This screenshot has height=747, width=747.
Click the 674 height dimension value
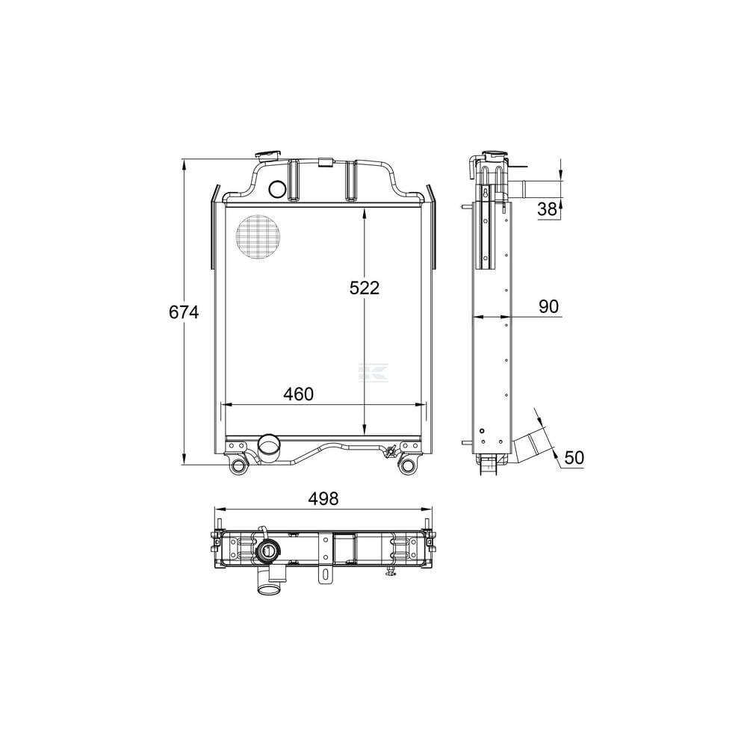tap(184, 312)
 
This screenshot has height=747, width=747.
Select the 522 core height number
tap(365, 288)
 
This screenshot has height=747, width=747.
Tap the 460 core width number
tap(299, 394)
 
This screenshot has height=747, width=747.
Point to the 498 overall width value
tap(323, 498)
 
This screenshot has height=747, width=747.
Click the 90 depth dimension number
tap(548, 306)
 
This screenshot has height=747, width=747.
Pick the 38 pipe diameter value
tap(547, 208)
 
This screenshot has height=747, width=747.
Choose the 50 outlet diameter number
tap(574, 457)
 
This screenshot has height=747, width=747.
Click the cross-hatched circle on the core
tap(258, 238)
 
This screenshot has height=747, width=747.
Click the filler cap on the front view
tap(269, 156)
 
